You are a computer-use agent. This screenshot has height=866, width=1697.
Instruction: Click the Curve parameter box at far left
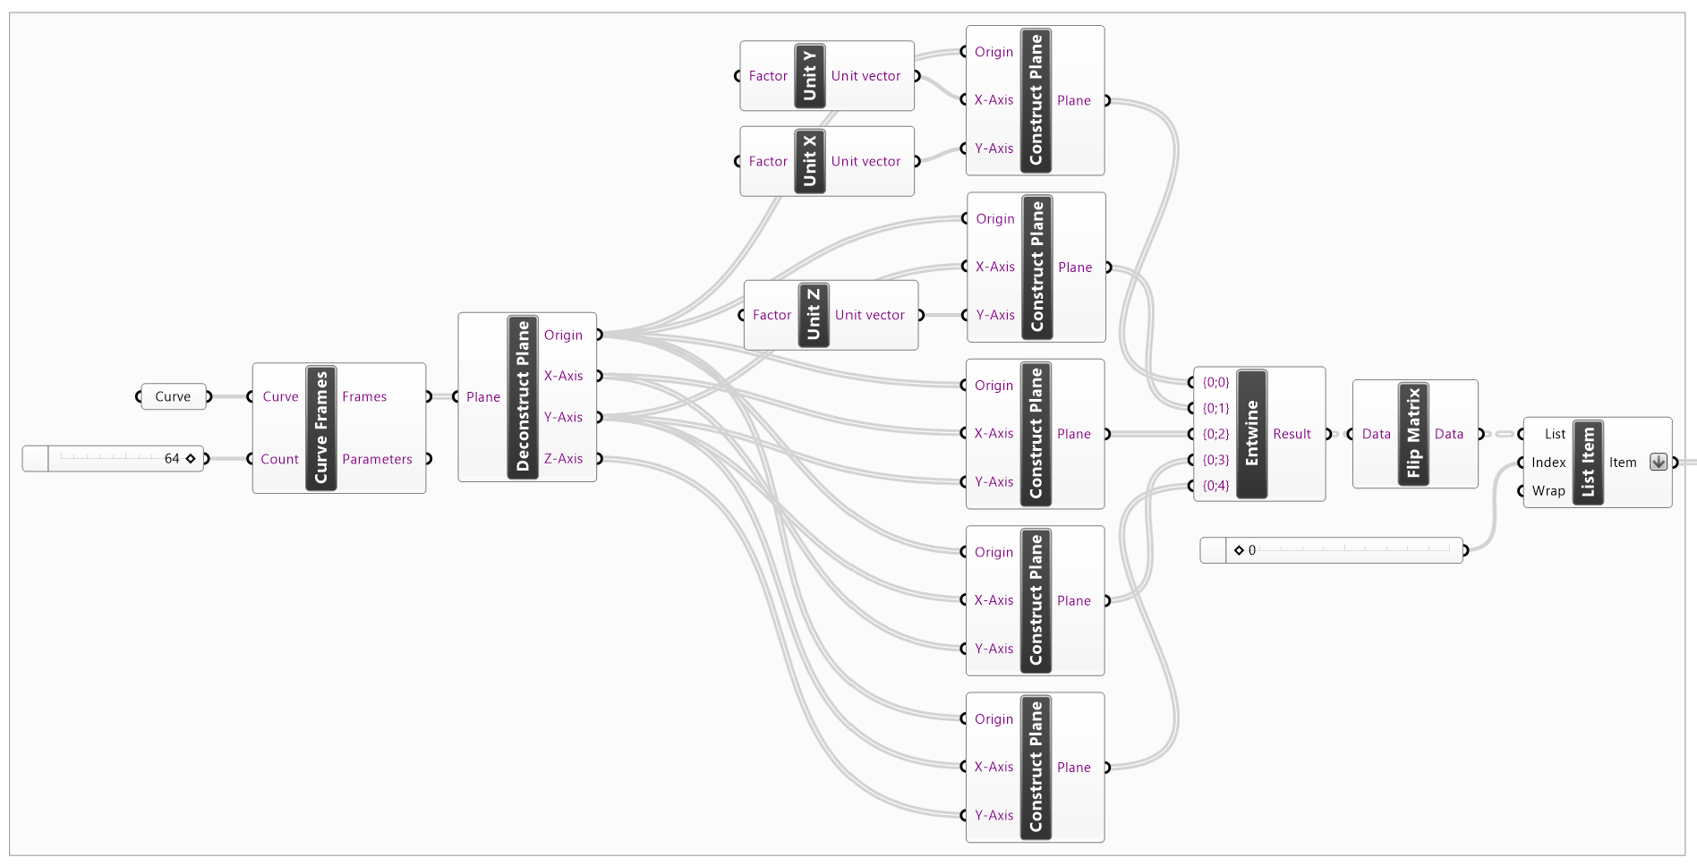pyautogui.click(x=173, y=396)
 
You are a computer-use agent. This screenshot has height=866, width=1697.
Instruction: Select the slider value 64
pyautogui.click(x=172, y=458)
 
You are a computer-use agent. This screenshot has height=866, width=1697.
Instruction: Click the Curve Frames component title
pyautogui.click(x=320, y=427)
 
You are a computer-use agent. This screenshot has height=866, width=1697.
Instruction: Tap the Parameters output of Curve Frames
pyautogui.click(x=377, y=459)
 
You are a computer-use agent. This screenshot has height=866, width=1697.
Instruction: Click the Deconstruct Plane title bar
pyautogui.click(x=523, y=396)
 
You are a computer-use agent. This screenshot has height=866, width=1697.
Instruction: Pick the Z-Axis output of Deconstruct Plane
pyautogui.click(x=563, y=458)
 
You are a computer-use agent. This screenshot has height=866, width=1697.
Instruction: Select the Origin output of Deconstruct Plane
pyautogui.click(x=563, y=335)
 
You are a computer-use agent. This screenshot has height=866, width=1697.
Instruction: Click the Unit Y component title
pyautogui.click(x=809, y=75)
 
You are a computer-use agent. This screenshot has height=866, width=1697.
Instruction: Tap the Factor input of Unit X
pyautogui.click(x=768, y=161)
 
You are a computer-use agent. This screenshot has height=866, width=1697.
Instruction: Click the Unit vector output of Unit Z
pyautogui.click(x=869, y=315)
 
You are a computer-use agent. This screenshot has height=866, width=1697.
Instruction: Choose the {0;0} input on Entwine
pyautogui.click(x=1215, y=382)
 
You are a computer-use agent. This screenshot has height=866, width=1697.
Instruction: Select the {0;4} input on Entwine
pyautogui.click(x=1215, y=486)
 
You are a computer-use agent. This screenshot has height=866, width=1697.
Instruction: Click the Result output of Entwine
pyautogui.click(x=1292, y=434)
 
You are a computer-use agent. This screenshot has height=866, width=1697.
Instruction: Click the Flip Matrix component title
pyautogui.click(x=1413, y=434)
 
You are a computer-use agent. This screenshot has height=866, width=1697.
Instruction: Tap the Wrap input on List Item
pyautogui.click(x=1548, y=490)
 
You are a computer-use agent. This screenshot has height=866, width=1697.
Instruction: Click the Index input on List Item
pyautogui.click(x=1548, y=463)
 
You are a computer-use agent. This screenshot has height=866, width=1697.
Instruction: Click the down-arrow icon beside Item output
pyautogui.click(x=1658, y=463)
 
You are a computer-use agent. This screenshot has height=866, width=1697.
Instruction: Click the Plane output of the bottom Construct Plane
pyautogui.click(x=1073, y=768)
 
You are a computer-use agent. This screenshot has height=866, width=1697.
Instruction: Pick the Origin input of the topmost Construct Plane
pyautogui.click(x=993, y=52)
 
